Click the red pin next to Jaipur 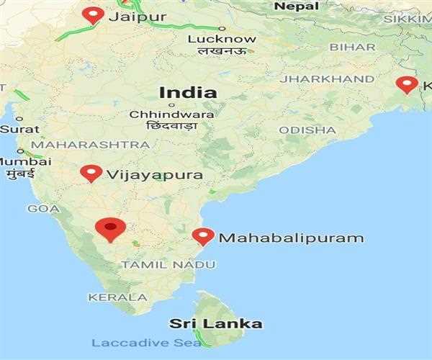93,14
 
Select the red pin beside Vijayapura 91,173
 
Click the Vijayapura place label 154,174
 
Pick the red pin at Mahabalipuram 203,235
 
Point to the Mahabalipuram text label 291,238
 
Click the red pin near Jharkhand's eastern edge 407,84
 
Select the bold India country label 188,92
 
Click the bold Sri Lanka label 215,323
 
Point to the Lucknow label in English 221,39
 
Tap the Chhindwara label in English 171,114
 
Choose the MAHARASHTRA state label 90,145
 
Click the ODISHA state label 307,130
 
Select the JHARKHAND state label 328,78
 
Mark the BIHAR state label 353,47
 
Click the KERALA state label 117,297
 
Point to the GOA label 43,208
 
